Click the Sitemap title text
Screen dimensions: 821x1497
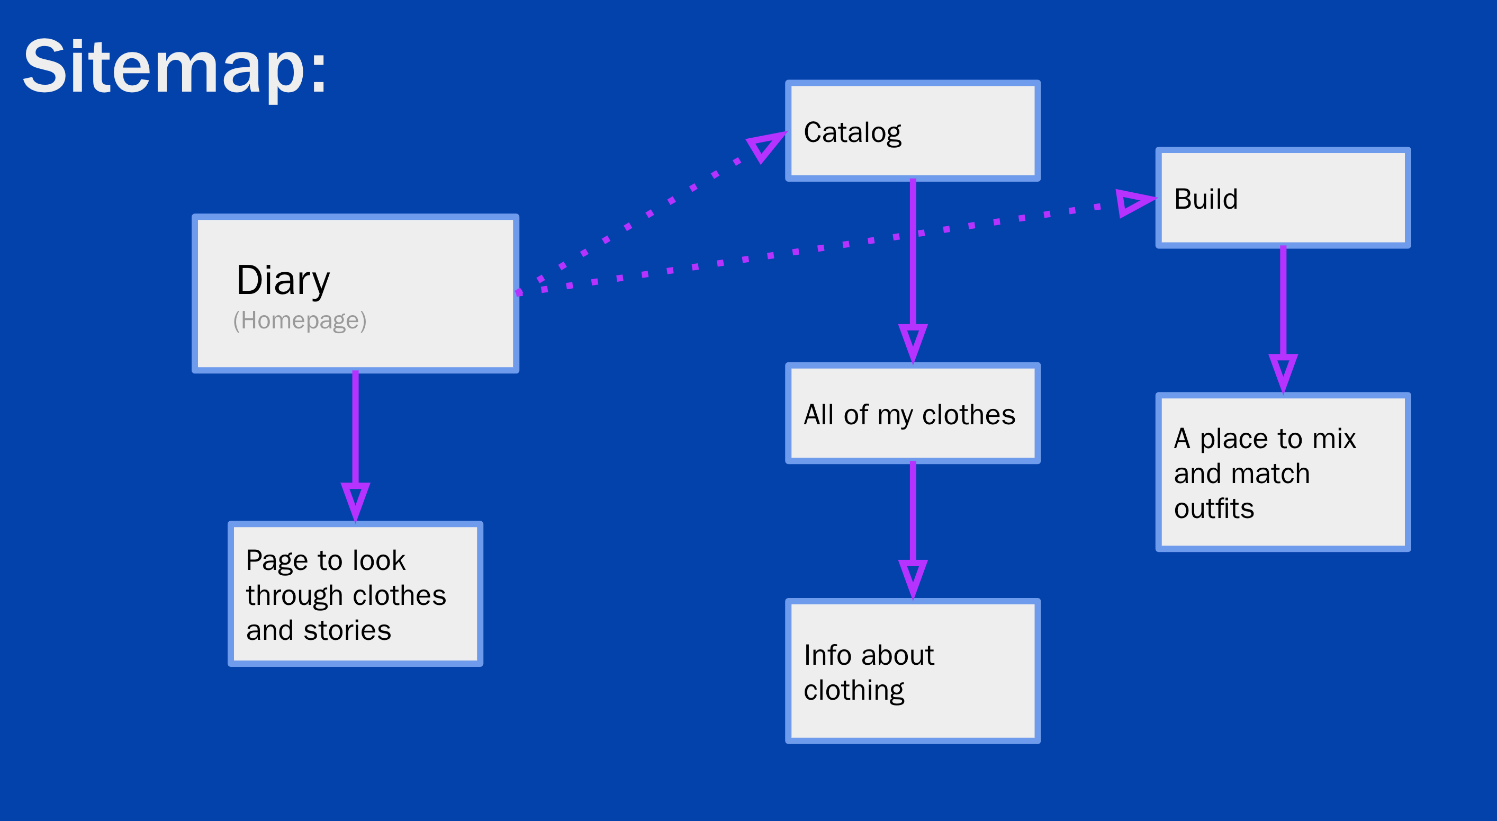tap(174, 66)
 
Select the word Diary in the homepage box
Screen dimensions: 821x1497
tap(283, 281)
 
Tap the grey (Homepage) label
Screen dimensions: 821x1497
tap(300, 320)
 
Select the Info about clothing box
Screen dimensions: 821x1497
tap(913, 671)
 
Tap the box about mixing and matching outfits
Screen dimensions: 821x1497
tap(1283, 472)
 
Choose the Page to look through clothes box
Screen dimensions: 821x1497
tap(355, 594)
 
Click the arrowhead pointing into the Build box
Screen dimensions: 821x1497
tap(1133, 202)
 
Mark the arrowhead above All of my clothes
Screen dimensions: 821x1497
tap(913, 342)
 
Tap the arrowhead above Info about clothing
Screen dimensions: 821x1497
tap(913, 577)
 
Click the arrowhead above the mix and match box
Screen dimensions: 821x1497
tap(1283, 371)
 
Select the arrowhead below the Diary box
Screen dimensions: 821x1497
tap(355, 500)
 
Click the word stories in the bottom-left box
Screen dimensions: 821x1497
tap(347, 630)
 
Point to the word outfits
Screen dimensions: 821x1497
tap(1214, 509)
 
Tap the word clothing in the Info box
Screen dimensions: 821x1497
tap(854, 691)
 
